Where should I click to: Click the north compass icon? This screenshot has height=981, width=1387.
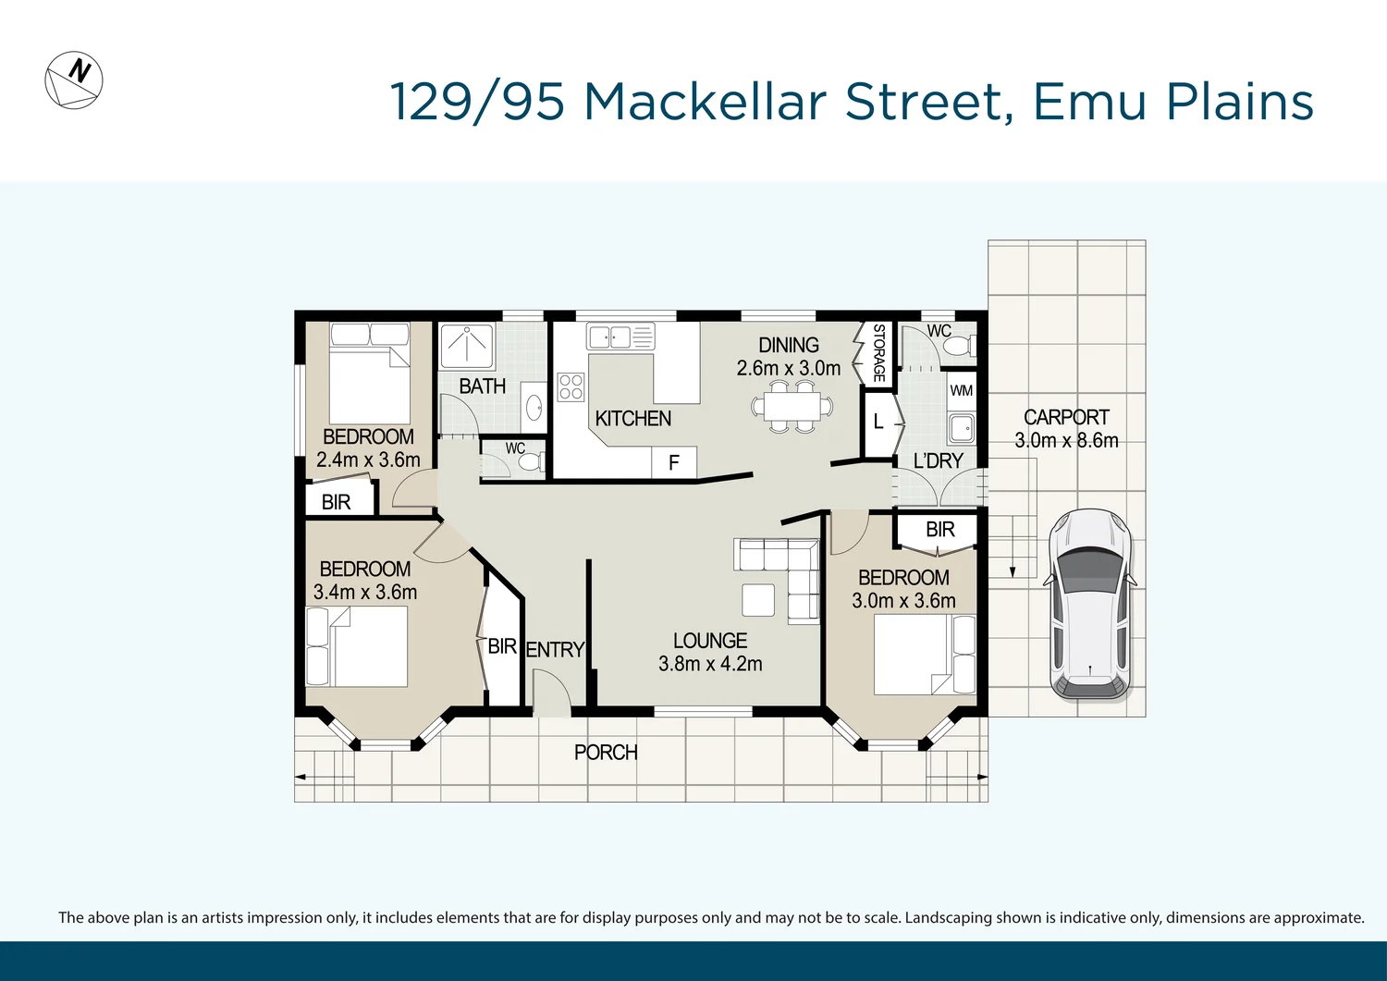[74, 80]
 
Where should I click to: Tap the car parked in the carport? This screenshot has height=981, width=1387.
[1089, 603]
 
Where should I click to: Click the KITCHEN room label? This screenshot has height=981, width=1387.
[632, 419]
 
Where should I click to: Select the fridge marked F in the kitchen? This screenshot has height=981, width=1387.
[673, 462]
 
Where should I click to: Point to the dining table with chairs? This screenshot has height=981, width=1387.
[792, 407]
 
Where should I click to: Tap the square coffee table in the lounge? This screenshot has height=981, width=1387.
[758, 599]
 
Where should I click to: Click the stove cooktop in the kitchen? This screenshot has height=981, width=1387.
[571, 386]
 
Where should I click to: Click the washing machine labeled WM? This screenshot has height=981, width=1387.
[962, 390]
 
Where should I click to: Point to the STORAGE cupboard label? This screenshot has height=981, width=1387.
[878, 352]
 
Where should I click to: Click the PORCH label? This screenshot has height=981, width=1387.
[606, 753]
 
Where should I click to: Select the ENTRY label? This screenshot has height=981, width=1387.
[555, 650]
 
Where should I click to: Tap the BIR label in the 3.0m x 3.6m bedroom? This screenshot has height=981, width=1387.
[939, 530]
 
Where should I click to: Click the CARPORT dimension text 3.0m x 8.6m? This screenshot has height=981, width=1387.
[1066, 441]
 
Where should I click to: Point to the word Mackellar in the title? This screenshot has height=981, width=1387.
[705, 102]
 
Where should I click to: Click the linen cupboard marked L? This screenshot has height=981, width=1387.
[878, 423]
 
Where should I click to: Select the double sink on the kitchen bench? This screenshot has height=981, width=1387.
[608, 337]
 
